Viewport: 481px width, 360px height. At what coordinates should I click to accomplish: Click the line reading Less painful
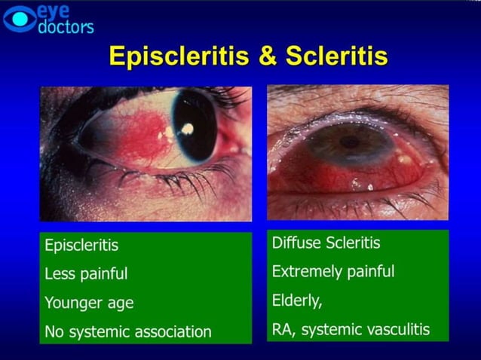pos(86,274)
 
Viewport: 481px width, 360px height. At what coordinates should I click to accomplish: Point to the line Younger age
pos(89,303)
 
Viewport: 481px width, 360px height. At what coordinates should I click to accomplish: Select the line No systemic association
pos(128,331)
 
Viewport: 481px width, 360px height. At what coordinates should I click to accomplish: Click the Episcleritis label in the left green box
pos(81,246)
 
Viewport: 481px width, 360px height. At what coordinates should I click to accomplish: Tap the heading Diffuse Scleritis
pos(326,243)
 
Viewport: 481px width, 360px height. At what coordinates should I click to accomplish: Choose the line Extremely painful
pos(333,271)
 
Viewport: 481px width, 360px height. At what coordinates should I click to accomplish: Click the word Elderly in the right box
pos(296,300)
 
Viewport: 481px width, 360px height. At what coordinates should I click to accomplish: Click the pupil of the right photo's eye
pos(348,141)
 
